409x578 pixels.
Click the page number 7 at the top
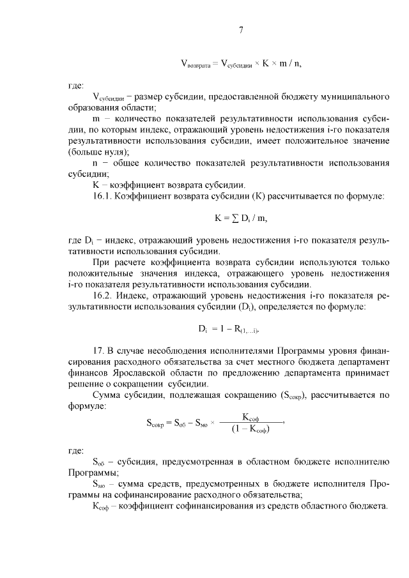coord(241,30)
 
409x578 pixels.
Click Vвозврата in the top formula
coord(197,63)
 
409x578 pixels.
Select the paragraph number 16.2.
coord(104,297)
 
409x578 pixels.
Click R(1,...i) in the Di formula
coord(250,330)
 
